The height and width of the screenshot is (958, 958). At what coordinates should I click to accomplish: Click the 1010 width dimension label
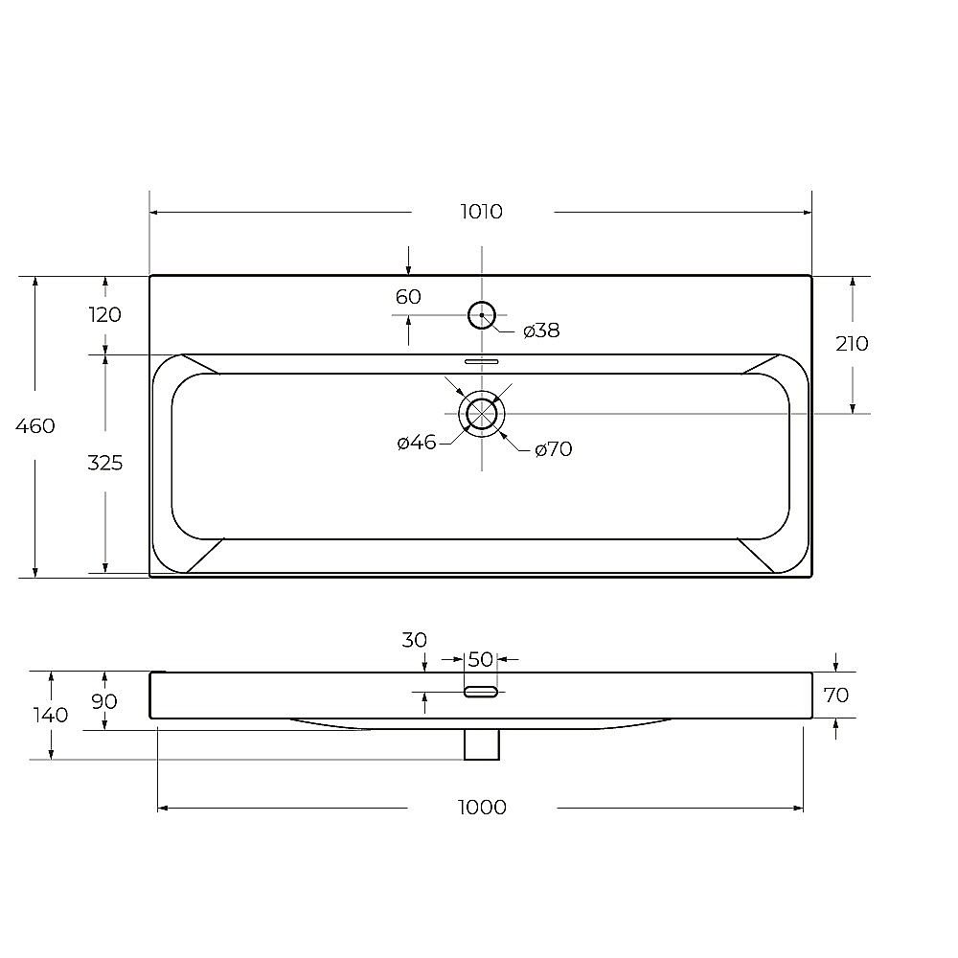[481, 212]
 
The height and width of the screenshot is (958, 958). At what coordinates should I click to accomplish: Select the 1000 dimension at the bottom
[482, 807]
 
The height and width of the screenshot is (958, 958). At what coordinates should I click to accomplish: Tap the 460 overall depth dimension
[34, 425]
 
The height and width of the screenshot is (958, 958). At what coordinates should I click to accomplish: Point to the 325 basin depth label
[105, 463]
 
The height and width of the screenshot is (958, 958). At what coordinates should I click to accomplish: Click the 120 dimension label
[105, 314]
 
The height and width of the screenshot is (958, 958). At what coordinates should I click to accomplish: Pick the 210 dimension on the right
[852, 343]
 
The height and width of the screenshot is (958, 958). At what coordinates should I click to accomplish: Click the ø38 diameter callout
[541, 331]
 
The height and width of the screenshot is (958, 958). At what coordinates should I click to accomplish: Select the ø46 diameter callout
[417, 443]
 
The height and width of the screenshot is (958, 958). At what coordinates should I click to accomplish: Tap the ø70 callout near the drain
[553, 449]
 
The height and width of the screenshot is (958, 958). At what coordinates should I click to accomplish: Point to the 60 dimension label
[408, 296]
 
